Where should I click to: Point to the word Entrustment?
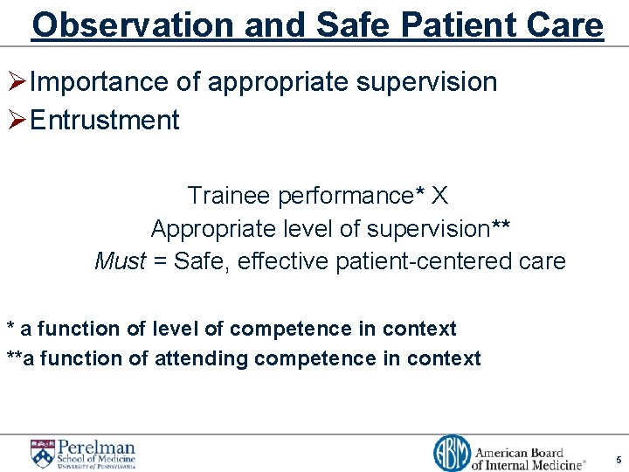105,120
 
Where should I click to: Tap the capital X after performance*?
439,196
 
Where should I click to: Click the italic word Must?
120,260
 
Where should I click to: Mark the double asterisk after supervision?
501,227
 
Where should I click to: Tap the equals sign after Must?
159,261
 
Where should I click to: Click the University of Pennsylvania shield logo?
42,453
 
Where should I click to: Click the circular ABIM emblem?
451,453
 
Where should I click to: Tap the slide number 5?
619,459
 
